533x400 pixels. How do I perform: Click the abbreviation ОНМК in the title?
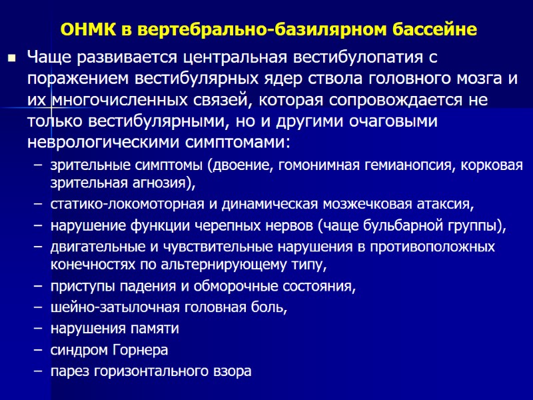(87, 30)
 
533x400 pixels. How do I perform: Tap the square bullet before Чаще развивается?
(11, 59)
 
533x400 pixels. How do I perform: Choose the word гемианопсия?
(407, 167)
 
